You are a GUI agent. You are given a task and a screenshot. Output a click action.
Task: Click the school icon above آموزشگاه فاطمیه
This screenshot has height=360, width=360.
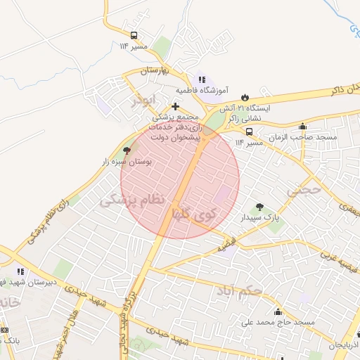(202, 80)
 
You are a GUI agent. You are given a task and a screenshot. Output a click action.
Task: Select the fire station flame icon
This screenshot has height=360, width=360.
(245, 97)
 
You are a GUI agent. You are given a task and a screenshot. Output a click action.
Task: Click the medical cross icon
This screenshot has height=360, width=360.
(175, 107)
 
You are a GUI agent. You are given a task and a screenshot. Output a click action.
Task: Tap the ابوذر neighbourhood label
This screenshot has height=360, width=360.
(143, 101)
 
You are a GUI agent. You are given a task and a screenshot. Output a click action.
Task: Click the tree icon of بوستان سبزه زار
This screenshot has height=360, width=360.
(127, 150)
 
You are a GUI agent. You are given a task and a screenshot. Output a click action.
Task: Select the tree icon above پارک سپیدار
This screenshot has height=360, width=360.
(260, 207)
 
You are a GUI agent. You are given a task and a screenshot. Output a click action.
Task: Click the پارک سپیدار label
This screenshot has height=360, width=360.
(261, 219)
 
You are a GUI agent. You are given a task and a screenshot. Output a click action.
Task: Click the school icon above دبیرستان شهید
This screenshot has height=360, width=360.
(21, 271)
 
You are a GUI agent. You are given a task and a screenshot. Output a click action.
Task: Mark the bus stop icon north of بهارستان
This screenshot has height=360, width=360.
(134, 35)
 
